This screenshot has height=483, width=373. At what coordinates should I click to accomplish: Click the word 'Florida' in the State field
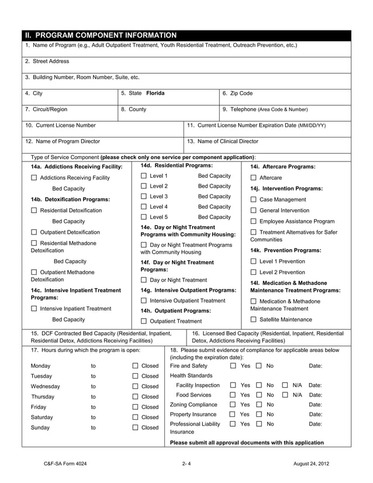pyautogui.click(x=155, y=93)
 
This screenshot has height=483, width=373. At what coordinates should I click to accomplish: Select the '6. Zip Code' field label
pyautogui.click(x=238, y=93)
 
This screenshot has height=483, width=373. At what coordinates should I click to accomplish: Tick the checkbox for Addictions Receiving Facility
pyautogui.click(x=34, y=178)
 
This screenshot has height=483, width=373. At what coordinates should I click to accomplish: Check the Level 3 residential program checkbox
pyautogui.click(x=144, y=196)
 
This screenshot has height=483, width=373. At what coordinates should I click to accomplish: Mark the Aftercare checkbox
pyautogui.click(x=253, y=178)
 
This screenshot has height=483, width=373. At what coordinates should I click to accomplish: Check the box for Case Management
pyautogui.click(x=253, y=199)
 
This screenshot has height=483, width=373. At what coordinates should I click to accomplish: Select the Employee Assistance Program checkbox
pyautogui.click(x=253, y=222)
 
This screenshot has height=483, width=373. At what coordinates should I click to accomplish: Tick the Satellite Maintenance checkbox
pyautogui.click(x=253, y=319)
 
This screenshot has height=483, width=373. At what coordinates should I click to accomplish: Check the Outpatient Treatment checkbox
pyautogui.click(x=144, y=322)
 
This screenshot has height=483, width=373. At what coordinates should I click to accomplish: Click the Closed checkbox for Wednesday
pyautogui.click(x=134, y=387)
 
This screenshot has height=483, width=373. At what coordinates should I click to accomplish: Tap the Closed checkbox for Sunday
pyautogui.click(x=134, y=427)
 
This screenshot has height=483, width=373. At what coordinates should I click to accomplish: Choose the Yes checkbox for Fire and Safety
pyautogui.click(x=233, y=365)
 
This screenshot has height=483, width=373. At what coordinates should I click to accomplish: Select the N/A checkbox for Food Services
pyautogui.click(x=284, y=395)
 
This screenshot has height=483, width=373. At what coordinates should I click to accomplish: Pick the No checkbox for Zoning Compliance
pyautogui.click(x=258, y=405)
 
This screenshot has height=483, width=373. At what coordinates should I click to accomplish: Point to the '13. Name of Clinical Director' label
pyautogui.click(x=222, y=141)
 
